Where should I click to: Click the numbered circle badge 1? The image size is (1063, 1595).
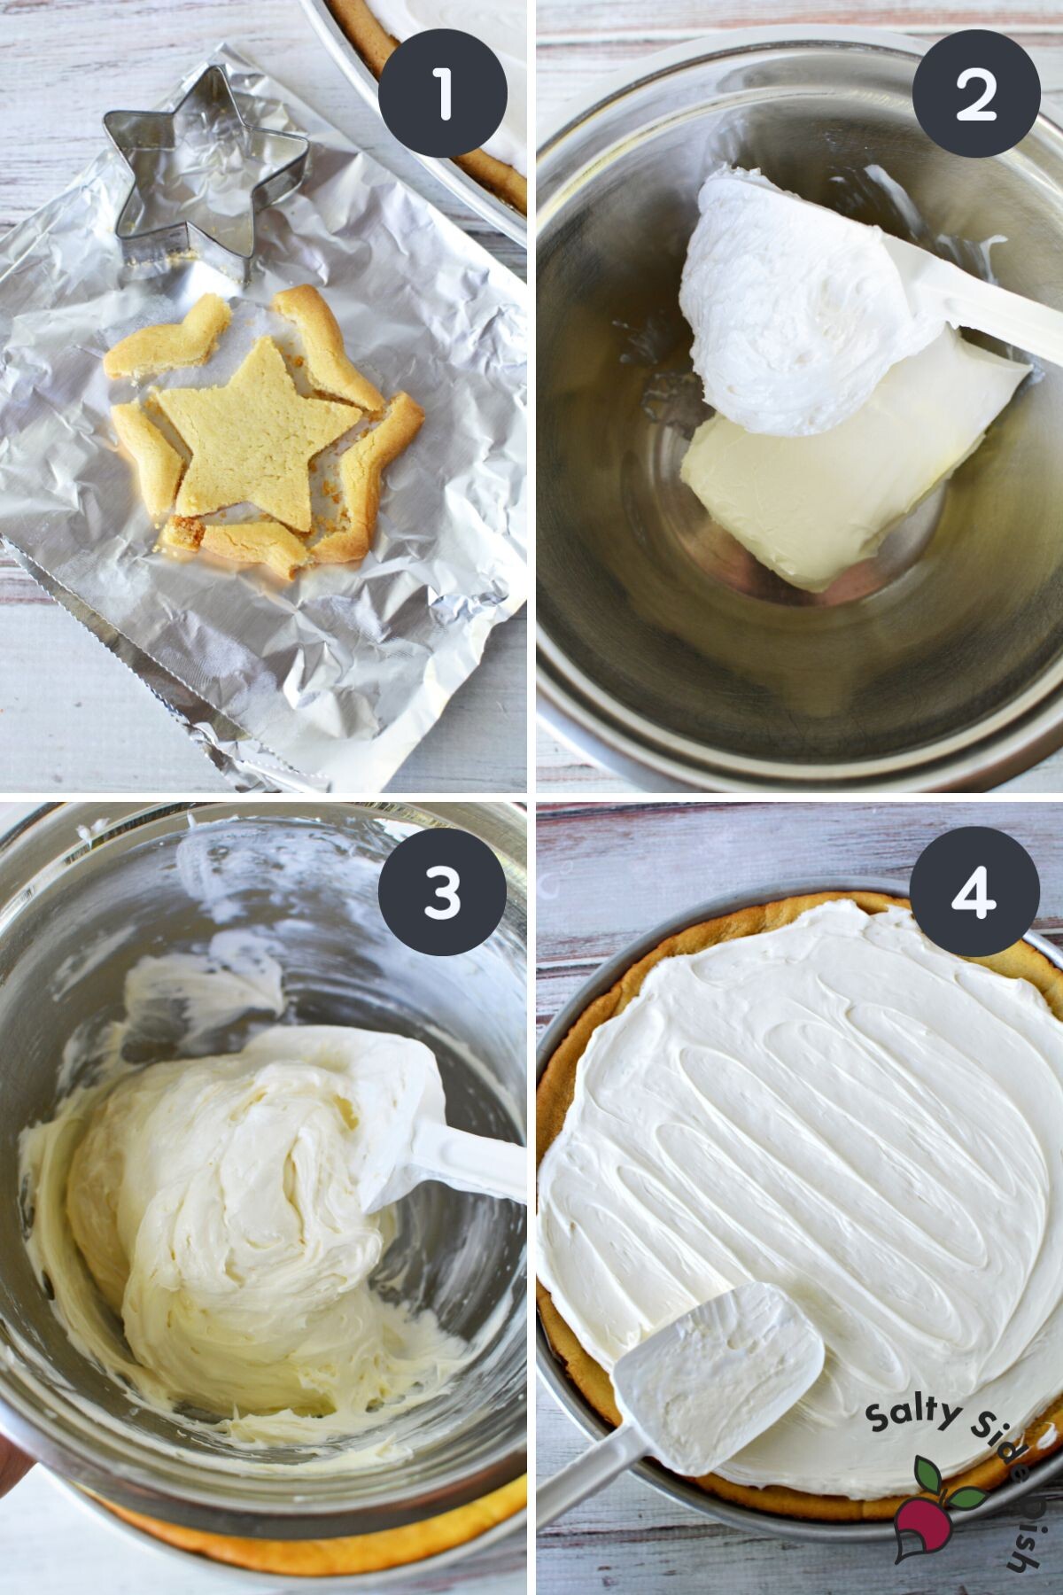click(443, 94)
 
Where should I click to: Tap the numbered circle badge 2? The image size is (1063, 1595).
click(976, 94)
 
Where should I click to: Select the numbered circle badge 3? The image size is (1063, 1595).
click(443, 891)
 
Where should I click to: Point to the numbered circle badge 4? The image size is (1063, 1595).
click(976, 891)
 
